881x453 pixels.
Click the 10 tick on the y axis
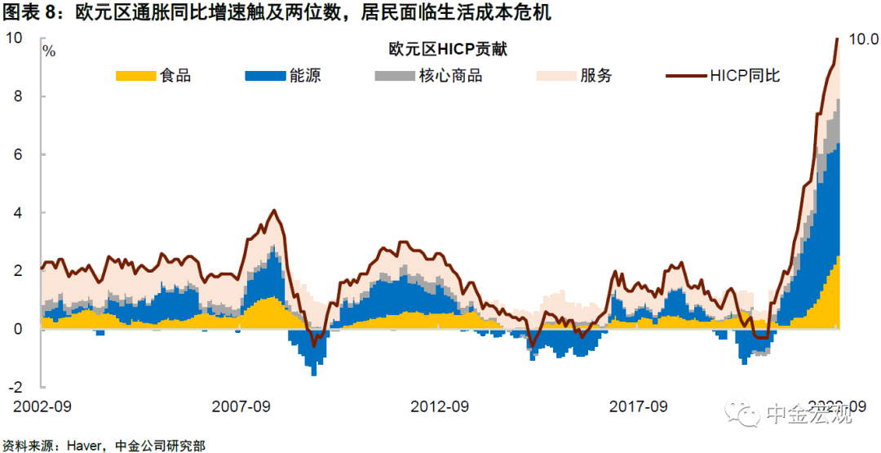(14, 38)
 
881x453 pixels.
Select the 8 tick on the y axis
(18, 96)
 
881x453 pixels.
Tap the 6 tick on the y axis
(18, 154)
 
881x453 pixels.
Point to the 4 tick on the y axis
(18, 213)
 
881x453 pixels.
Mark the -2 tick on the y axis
(15, 387)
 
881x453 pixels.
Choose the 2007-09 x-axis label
(241, 406)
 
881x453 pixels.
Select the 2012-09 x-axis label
(440, 406)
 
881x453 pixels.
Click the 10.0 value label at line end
(863, 38)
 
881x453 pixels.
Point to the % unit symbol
(49, 51)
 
